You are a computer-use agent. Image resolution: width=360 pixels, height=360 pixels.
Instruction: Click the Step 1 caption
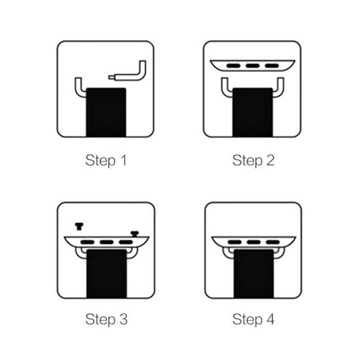click(106, 160)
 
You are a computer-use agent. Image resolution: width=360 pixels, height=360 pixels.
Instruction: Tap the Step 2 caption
click(253, 160)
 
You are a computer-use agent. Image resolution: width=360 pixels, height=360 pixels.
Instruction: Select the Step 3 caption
click(106, 319)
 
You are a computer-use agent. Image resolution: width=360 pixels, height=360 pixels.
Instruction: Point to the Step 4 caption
click(253, 319)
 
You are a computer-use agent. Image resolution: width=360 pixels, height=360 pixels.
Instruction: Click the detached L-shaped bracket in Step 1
click(129, 77)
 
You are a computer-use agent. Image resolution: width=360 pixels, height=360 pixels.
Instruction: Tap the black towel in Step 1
click(106, 112)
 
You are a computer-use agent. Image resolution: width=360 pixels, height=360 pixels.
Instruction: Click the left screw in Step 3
click(79, 226)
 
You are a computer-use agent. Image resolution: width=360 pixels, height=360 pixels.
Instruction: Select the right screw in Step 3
click(135, 234)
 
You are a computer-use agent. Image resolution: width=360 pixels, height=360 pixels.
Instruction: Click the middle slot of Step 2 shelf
click(252, 66)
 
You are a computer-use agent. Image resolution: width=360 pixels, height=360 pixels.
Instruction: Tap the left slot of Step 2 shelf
click(233, 66)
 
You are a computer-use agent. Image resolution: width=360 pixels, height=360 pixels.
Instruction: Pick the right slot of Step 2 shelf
click(272, 66)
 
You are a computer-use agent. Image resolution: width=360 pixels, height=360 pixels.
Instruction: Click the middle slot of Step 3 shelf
click(107, 242)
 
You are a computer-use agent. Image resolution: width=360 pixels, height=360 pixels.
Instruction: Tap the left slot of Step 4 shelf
click(235, 242)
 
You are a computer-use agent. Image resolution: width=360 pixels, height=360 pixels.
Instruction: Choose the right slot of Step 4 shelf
click(273, 242)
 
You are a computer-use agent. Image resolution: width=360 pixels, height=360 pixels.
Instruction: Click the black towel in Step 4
click(254, 274)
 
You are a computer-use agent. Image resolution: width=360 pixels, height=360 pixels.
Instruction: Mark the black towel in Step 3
click(107, 274)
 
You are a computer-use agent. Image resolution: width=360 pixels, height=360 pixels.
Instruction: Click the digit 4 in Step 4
click(271, 319)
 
